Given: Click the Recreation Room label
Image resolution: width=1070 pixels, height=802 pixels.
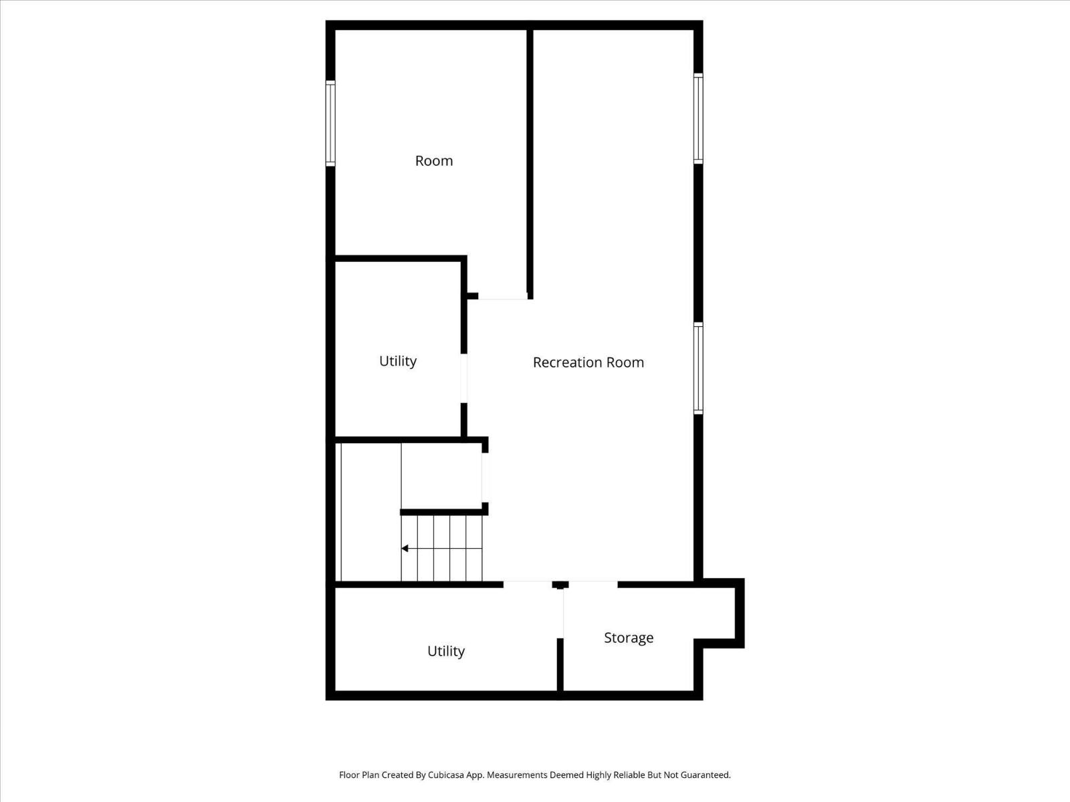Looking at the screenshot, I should [x=588, y=362].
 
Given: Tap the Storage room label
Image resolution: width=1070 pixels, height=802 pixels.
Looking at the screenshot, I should [x=628, y=638].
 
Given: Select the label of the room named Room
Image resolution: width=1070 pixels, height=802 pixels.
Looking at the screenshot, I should [x=434, y=160].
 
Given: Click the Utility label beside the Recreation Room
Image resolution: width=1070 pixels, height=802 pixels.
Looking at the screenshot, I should [x=397, y=361].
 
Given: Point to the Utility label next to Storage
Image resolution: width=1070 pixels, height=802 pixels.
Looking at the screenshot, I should [x=445, y=651].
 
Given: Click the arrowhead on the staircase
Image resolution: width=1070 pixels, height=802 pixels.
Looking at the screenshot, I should [x=405, y=549].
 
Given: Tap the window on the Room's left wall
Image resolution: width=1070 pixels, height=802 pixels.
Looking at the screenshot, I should [x=330, y=123].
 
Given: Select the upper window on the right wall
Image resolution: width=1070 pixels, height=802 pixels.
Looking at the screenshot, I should [x=698, y=118].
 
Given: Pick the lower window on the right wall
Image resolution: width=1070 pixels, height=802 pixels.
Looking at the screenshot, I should [x=698, y=368].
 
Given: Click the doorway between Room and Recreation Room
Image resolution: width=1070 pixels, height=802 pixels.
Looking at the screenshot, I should [x=502, y=297].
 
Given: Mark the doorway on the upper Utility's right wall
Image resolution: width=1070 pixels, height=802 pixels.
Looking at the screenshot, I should [x=463, y=378].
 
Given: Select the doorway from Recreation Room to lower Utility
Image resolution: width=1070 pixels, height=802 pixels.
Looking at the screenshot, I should [x=528, y=584].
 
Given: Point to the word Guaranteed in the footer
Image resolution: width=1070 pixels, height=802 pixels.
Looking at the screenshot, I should [x=706, y=775].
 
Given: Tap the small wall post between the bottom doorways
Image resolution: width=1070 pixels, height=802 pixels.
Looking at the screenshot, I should [x=560, y=585].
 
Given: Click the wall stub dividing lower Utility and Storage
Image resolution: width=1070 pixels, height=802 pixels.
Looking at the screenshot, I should [x=560, y=664].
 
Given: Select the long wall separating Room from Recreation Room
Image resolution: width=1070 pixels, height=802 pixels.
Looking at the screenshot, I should [x=530, y=160].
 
